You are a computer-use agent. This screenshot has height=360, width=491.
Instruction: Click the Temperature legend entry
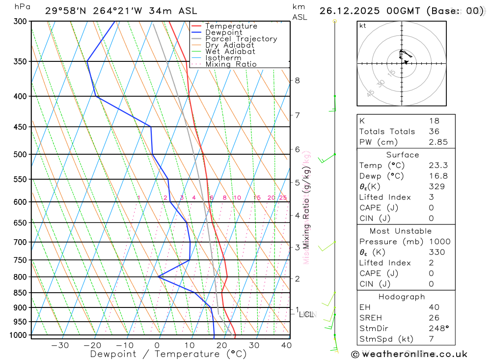[x=231, y=26]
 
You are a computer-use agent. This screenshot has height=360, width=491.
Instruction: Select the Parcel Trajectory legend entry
[x=241, y=39]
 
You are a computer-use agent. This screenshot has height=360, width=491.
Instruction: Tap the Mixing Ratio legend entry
[x=231, y=64]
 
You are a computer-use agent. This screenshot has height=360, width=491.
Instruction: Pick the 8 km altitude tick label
[x=297, y=80]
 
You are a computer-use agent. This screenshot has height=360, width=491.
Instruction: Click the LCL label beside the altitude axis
[x=306, y=314]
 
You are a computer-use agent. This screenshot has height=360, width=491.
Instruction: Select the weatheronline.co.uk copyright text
[x=409, y=354]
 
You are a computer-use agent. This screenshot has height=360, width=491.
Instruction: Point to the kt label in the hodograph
[x=362, y=26]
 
